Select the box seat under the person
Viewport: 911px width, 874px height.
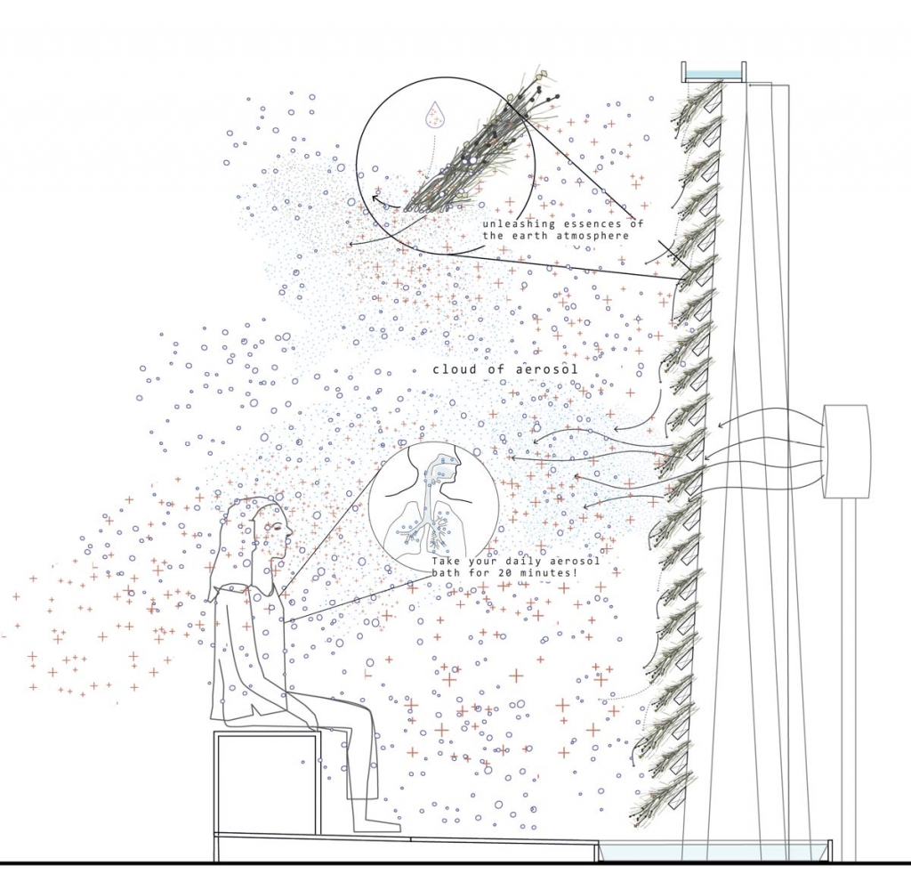pyautogui.click(x=266, y=782)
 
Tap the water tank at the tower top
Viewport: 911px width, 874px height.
pyautogui.click(x=713, y=72)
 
